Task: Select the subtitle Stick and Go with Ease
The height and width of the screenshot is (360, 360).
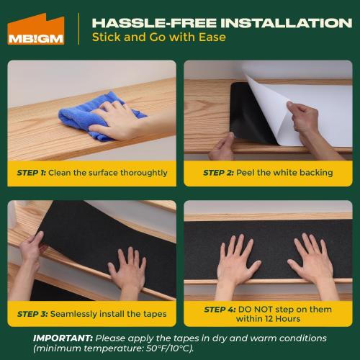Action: (158, 37)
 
